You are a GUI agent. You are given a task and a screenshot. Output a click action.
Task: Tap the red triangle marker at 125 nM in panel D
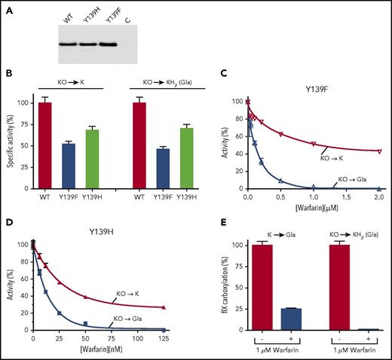[x=164, y=308]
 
